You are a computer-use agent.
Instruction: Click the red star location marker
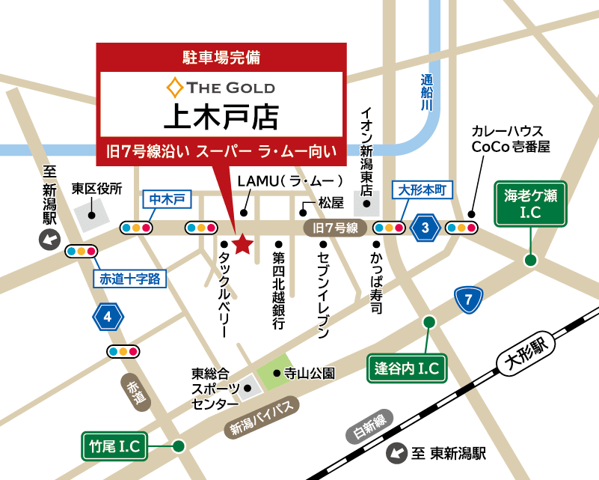tap(242, 244)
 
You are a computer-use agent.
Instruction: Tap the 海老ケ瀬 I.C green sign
tap(530, 204)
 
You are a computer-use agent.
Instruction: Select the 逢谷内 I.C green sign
tap(407, 368)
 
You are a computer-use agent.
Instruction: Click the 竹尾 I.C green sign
tap(114, 446)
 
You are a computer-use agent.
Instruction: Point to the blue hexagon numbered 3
tap(425, 228)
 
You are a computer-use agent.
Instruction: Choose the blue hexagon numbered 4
tap(108, 318)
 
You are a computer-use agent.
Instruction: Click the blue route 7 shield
tap(468, 301)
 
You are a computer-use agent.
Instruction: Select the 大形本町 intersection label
tap(423, 190)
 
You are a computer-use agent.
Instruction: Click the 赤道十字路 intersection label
tap(129, 279)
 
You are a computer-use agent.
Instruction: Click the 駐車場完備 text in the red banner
tap(221, 57)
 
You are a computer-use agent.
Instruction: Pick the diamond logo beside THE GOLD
tap(174, 88)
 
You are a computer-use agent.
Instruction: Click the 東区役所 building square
tap(90, 215)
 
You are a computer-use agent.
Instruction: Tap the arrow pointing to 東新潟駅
tap(395, 453)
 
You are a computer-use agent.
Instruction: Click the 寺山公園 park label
tap(309, 372)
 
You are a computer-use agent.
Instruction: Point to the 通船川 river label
tap(426, 94)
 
